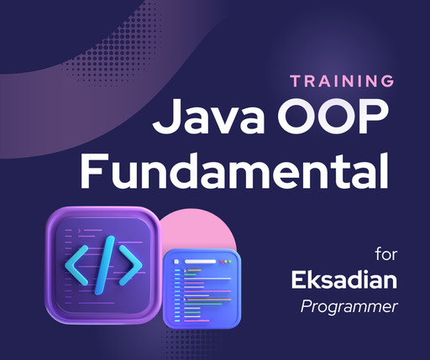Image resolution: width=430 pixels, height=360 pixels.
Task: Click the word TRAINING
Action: pyautogui.click(x=342, y=81)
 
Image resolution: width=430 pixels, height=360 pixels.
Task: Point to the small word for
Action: pyautogui.click(x=386, y=252)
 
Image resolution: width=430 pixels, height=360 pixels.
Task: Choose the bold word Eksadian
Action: pyautogui.click(x=343, y=279)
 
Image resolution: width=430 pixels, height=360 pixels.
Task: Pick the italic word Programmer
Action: pyautogui.click(x=349, y=306)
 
